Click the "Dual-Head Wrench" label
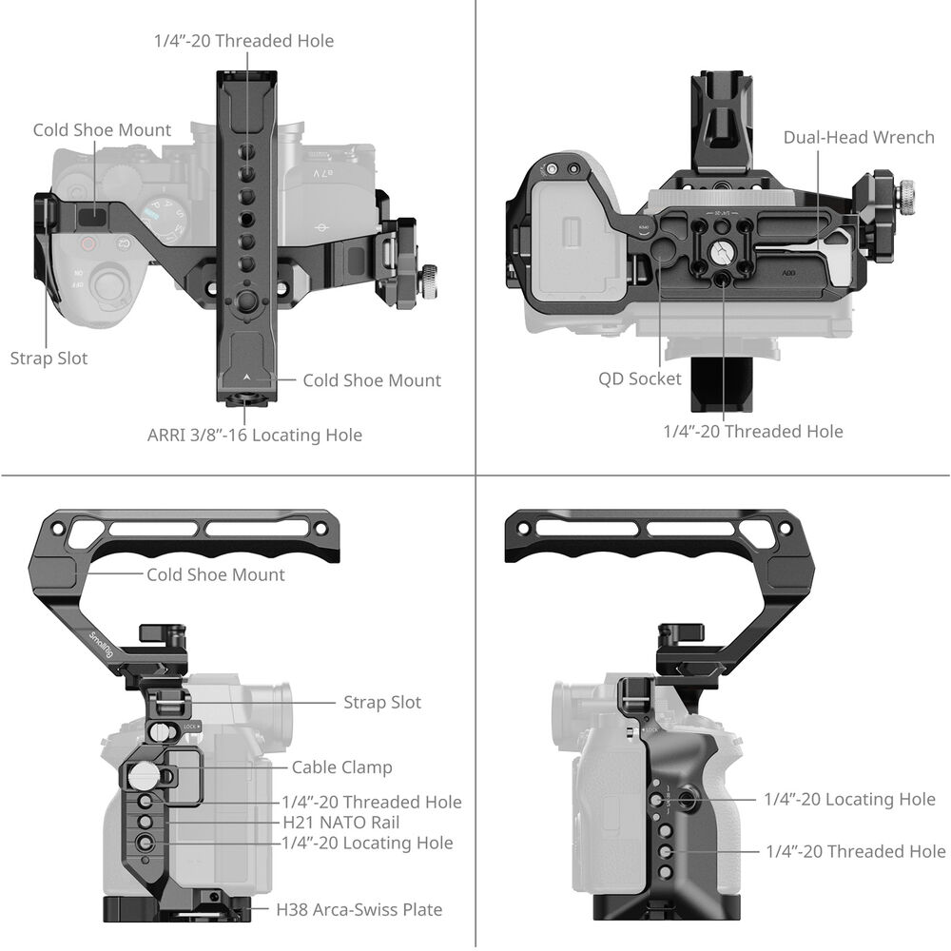pyautogui.click(x=858, y=137)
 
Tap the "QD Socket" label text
pyautogui.click(x=639, y=378)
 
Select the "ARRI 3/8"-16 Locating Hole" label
pyautogui.click(x=254, y=435)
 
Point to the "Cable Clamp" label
pyautogui.click(x=341, y=767)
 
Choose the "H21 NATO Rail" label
pyautogui.click(x=340, y=823)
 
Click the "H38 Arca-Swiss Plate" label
pyautogui.click(x=359, y=909)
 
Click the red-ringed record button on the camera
pyautogui.click(x=88, y=243)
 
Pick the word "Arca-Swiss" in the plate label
pyautogui.click(x=356, y=909)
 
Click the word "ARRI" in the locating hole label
pyautogui.click(x=167, y=435)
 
